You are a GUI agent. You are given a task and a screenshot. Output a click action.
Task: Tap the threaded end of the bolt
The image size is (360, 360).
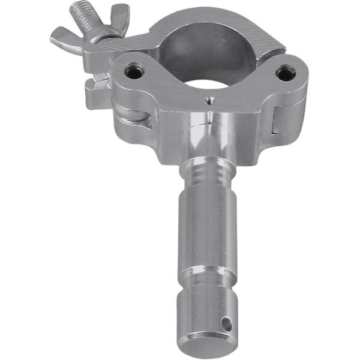(84, 12)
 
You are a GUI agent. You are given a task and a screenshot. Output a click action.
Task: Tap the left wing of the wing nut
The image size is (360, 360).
(63, 36)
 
